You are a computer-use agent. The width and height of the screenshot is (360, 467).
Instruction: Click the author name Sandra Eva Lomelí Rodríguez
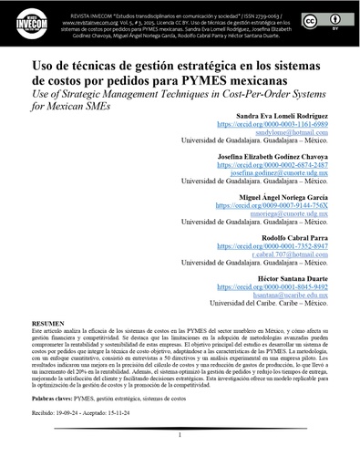coord(275,119)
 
